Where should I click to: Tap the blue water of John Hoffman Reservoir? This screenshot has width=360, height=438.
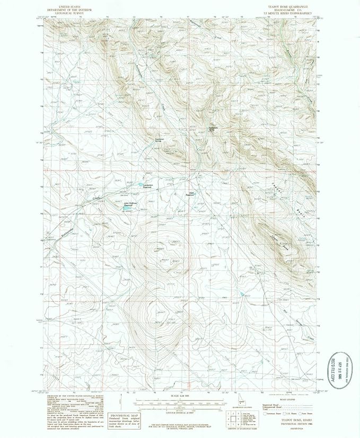[x=126, y=208]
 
